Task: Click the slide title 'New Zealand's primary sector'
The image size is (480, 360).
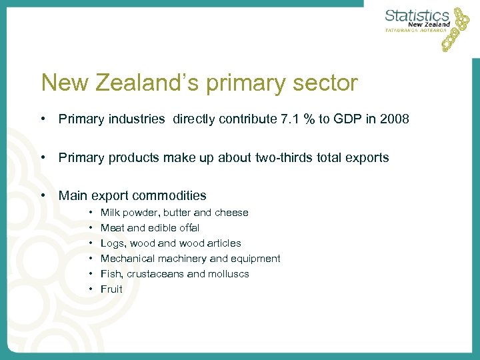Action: point(199,83)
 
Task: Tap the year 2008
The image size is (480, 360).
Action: point(394,119)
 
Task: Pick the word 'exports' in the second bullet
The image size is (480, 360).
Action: point(368,158)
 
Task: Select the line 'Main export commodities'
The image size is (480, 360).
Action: point(132,196)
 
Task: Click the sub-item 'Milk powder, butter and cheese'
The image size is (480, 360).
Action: point(174,213)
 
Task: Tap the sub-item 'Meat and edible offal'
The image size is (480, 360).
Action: point(149,228)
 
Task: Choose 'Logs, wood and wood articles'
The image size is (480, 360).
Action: point(171,243)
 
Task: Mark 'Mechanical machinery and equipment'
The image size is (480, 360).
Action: point(190,259)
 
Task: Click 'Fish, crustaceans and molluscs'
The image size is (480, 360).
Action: point(175,274)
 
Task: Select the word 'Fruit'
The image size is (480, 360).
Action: point(111,289)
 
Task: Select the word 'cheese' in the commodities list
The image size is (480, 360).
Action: point(231,213)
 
